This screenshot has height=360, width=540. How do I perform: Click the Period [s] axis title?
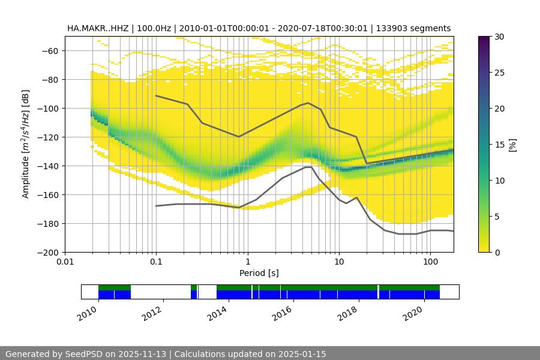[x=259, y=273]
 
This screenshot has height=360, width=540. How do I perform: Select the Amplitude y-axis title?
[x=25, y=144]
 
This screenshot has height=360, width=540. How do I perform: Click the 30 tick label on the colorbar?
[x=499, y=37]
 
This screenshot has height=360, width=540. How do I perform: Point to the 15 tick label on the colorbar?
[x=499, y=145]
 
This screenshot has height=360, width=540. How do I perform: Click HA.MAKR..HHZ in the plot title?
[x=97, y=29]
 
